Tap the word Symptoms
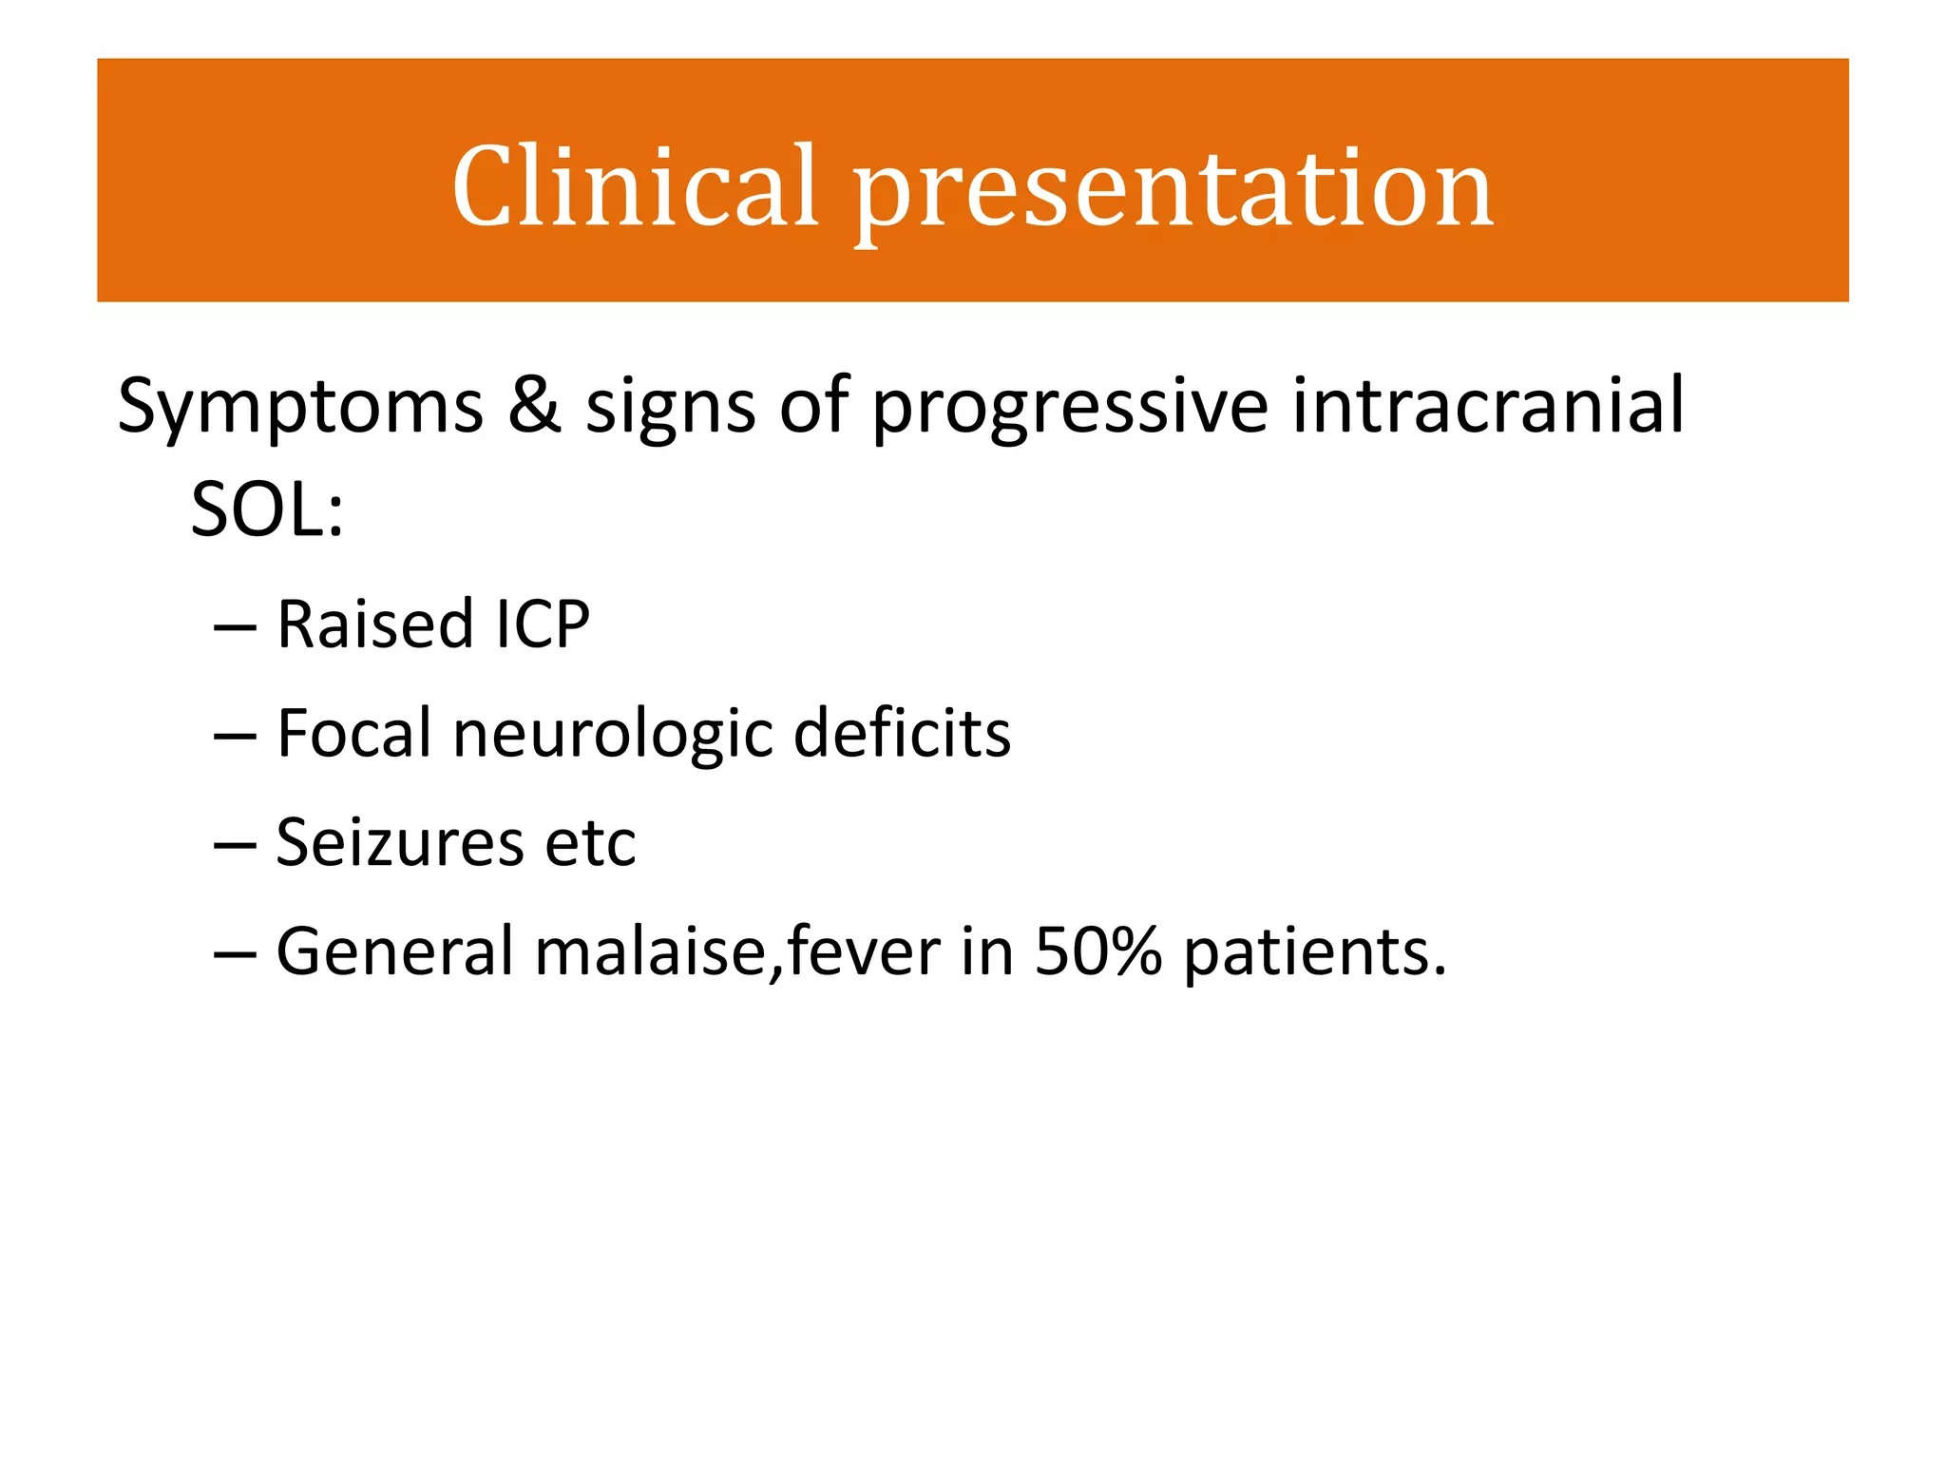300,407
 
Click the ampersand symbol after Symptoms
534,404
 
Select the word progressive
1070,409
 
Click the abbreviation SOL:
267,509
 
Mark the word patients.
1314,953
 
